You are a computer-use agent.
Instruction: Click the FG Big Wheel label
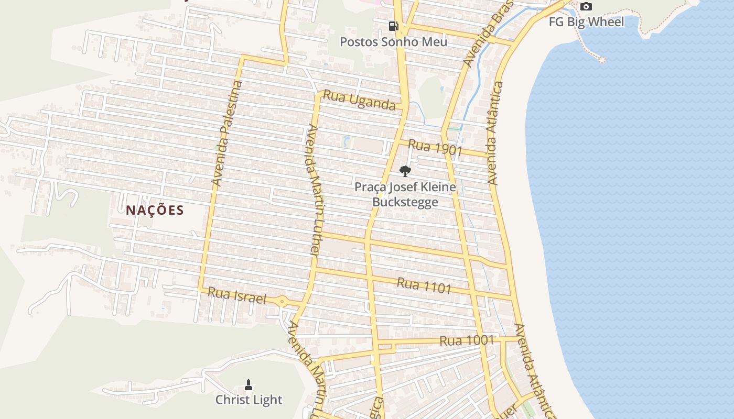(586, 22)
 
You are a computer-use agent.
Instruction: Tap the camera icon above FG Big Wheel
(586, 7)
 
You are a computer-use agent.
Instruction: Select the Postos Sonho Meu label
(394, 41)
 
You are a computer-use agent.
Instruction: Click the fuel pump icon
(393, 26)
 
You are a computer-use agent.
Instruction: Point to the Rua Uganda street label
(359, 100)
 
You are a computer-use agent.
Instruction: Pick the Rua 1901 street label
(435, 148)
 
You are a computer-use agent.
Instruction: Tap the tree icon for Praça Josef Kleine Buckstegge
(405, 171)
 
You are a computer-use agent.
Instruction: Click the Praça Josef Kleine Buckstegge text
(405, 194)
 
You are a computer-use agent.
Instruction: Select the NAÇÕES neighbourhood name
(155, 211)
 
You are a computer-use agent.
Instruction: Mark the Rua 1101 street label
(424, 286)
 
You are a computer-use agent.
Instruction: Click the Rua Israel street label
(237, 296)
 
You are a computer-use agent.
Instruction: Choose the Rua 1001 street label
(467, 340)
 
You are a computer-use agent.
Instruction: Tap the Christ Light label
(249, 400)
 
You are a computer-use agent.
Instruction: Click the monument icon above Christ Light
(249, 385)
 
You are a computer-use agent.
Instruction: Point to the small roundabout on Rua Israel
(283, 301)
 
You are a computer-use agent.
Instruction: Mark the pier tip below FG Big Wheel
(602, 60)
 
